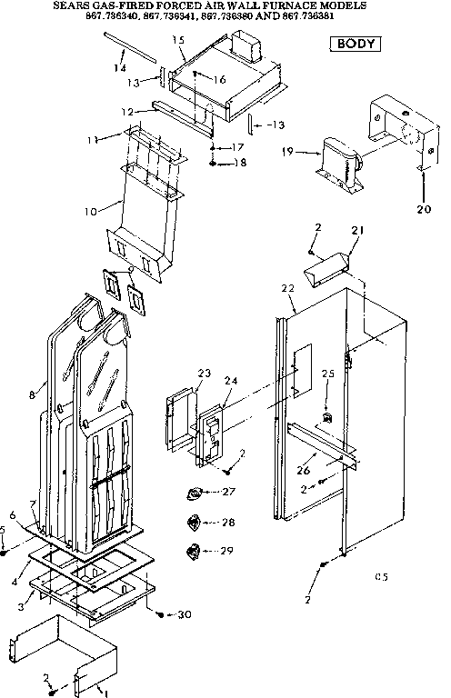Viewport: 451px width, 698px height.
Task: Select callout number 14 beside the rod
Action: pyautogui.click(x=119, y=68)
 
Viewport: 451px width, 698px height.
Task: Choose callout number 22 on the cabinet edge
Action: pyautogui.click(x=287, y=288)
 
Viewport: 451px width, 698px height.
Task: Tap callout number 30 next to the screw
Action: pyautogui.click(x=185, y=615)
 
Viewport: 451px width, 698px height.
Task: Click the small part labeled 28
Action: pyautogui.click(x=192, y=523)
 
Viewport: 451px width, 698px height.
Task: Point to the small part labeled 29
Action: pyautogui.click(x=192, y=552)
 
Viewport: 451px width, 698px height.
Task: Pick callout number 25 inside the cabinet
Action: pyautogui.click(x=327, y=374)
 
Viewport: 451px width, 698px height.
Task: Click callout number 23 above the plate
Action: pyautogui.click(x=204, y=373)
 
